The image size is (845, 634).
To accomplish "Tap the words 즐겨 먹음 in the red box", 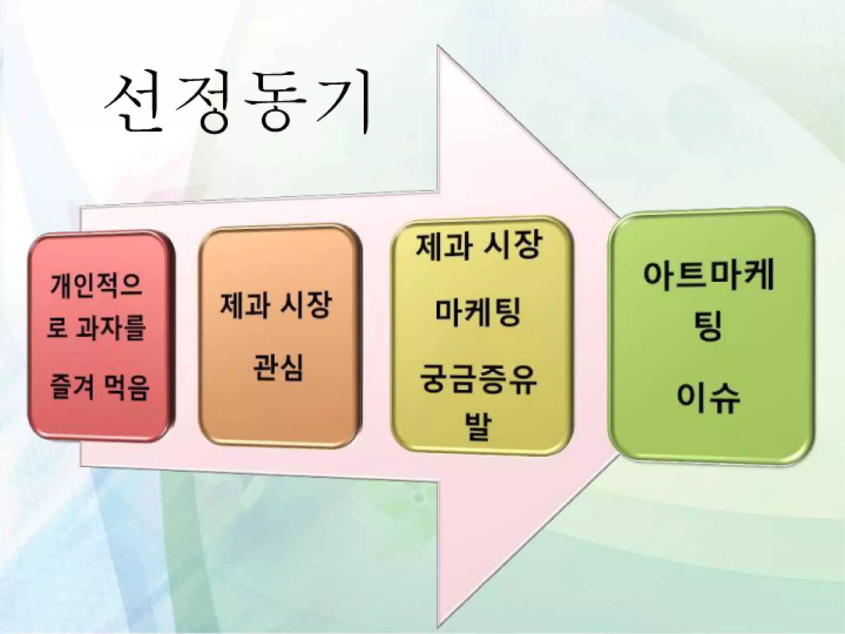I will [x=99, y=388].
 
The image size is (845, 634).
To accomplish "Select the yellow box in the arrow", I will [x=481, y=336].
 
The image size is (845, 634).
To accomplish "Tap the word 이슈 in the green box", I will [x=708, y=400].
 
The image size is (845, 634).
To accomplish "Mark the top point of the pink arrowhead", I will [x=438, y=47].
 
